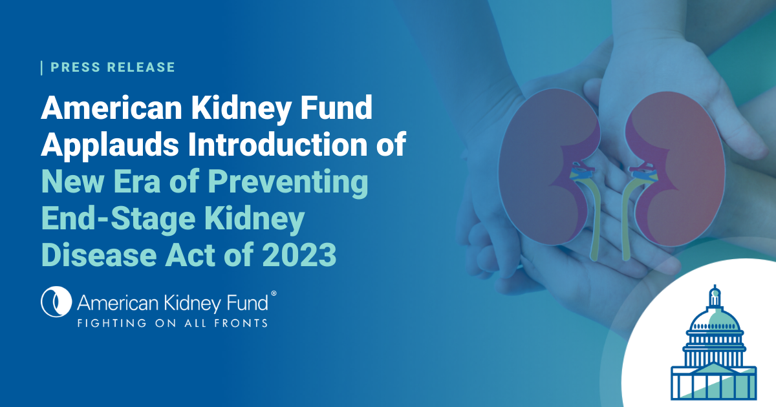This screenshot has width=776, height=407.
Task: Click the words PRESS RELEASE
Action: [113, 67]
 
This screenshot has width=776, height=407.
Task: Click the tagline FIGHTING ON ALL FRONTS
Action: [172, 322]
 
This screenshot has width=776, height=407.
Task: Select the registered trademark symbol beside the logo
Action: [274, 293]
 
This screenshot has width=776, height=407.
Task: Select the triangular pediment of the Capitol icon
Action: [714, 368]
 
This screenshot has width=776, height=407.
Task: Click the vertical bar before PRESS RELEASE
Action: [42, 67]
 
